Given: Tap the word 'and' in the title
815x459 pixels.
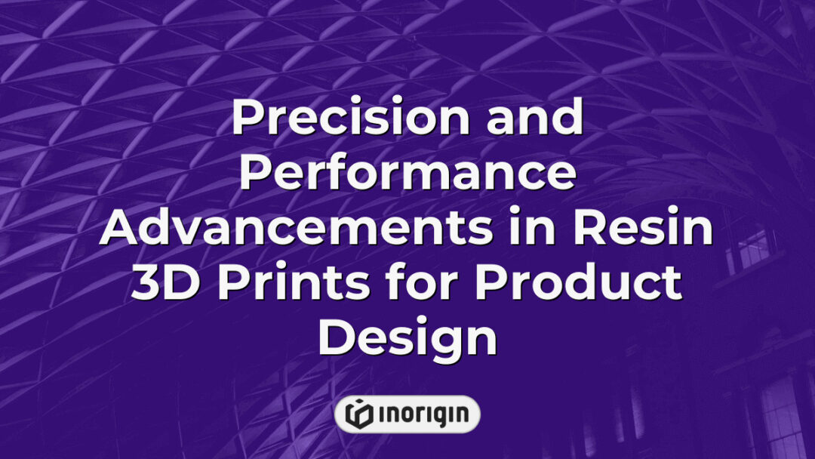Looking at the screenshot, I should pos(539,119).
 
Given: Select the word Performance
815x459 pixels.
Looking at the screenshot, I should pos(407,174).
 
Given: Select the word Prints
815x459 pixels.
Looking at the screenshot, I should pos(284,285).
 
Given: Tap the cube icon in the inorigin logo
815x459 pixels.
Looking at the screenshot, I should pos(360,414).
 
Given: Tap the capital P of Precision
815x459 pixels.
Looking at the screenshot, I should pos(248,119).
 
